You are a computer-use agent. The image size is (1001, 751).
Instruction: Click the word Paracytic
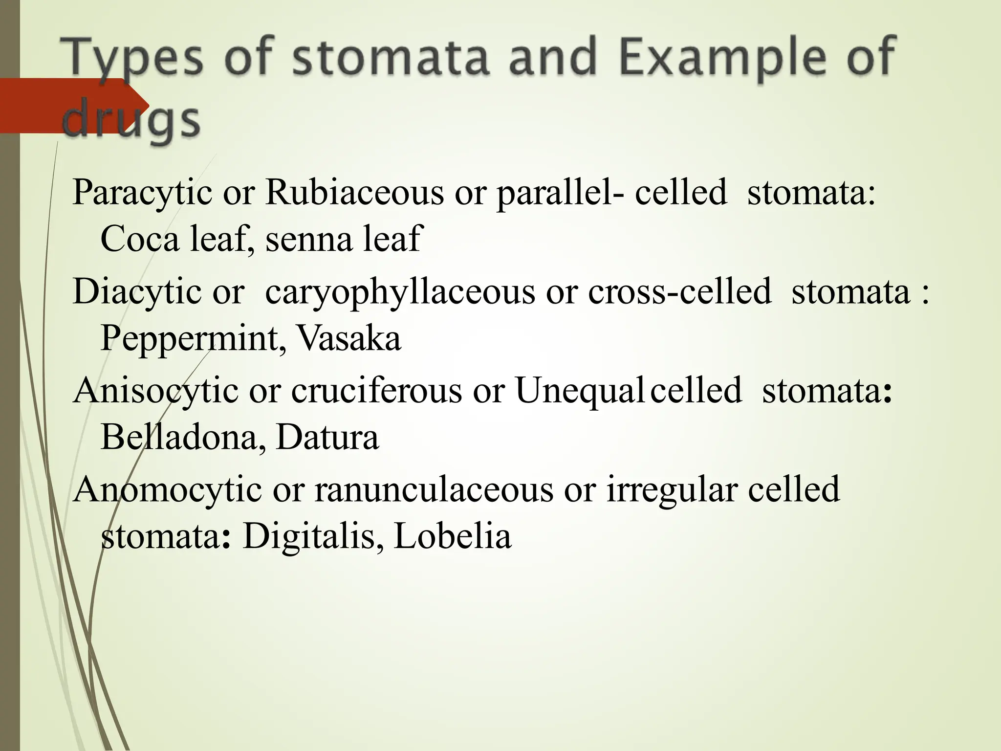[142, 193]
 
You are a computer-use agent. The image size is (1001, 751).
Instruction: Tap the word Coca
[140, 239]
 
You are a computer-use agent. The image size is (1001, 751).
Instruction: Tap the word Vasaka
[349, 338]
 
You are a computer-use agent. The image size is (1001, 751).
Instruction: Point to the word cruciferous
[376, 391]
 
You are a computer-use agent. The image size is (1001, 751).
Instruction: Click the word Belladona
[179, 437]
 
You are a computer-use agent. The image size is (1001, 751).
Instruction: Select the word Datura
[327, 437]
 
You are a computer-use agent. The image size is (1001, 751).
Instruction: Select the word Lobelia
[452, 536]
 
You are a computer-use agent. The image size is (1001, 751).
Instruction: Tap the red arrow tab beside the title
[73, 105]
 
